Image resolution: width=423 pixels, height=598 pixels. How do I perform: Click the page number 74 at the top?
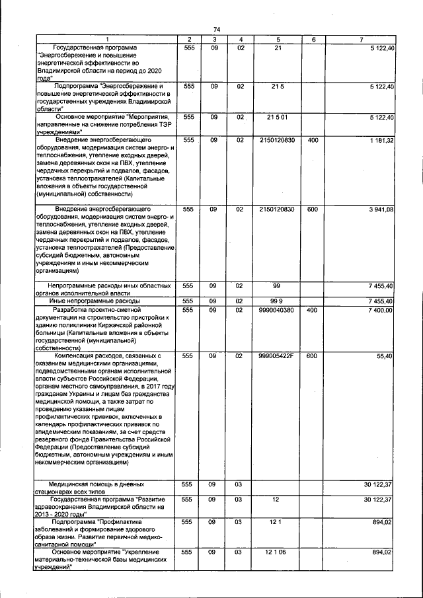tap(217, 29)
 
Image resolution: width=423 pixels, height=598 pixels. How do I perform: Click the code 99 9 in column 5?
tap(278, 301)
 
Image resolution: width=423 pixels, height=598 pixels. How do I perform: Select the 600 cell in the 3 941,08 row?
tap(313, 209)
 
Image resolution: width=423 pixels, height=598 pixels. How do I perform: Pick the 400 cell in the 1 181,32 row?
tap(313, 141)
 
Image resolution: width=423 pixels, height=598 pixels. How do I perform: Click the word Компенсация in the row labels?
tap(79, 356)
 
